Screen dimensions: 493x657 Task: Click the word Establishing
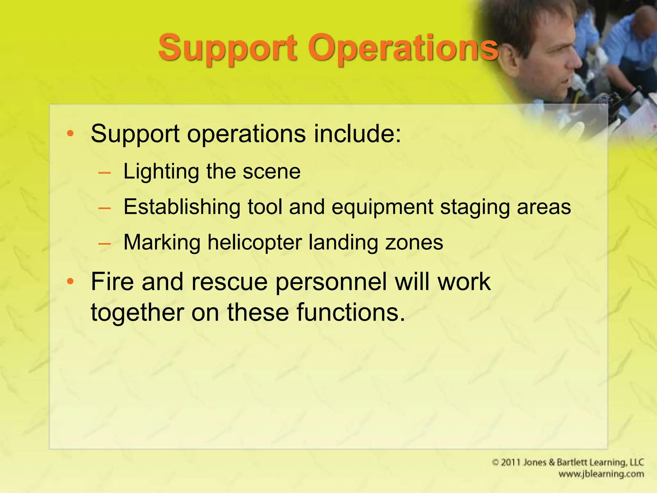(x=182, y=207)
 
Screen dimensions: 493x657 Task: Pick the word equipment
(x=382, y=207)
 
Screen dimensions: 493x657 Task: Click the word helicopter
(x=255, y=242)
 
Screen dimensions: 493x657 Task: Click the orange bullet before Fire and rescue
(x=70, y=282)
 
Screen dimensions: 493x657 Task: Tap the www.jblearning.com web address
(x=601, y=474)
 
